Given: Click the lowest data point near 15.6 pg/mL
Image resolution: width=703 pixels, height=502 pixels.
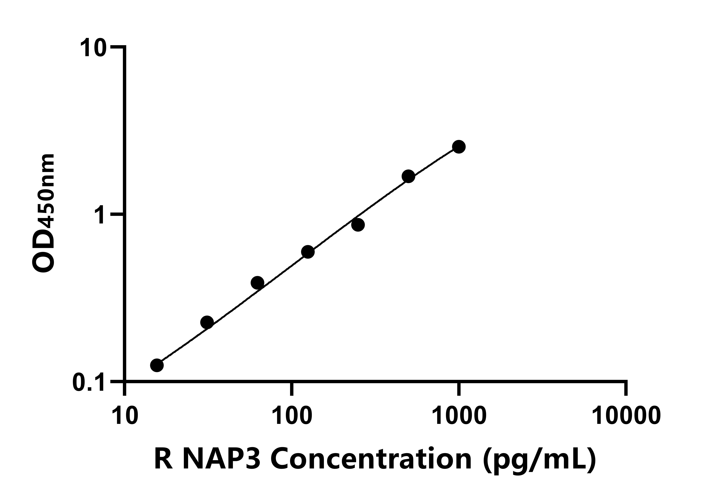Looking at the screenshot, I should point(157,365).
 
